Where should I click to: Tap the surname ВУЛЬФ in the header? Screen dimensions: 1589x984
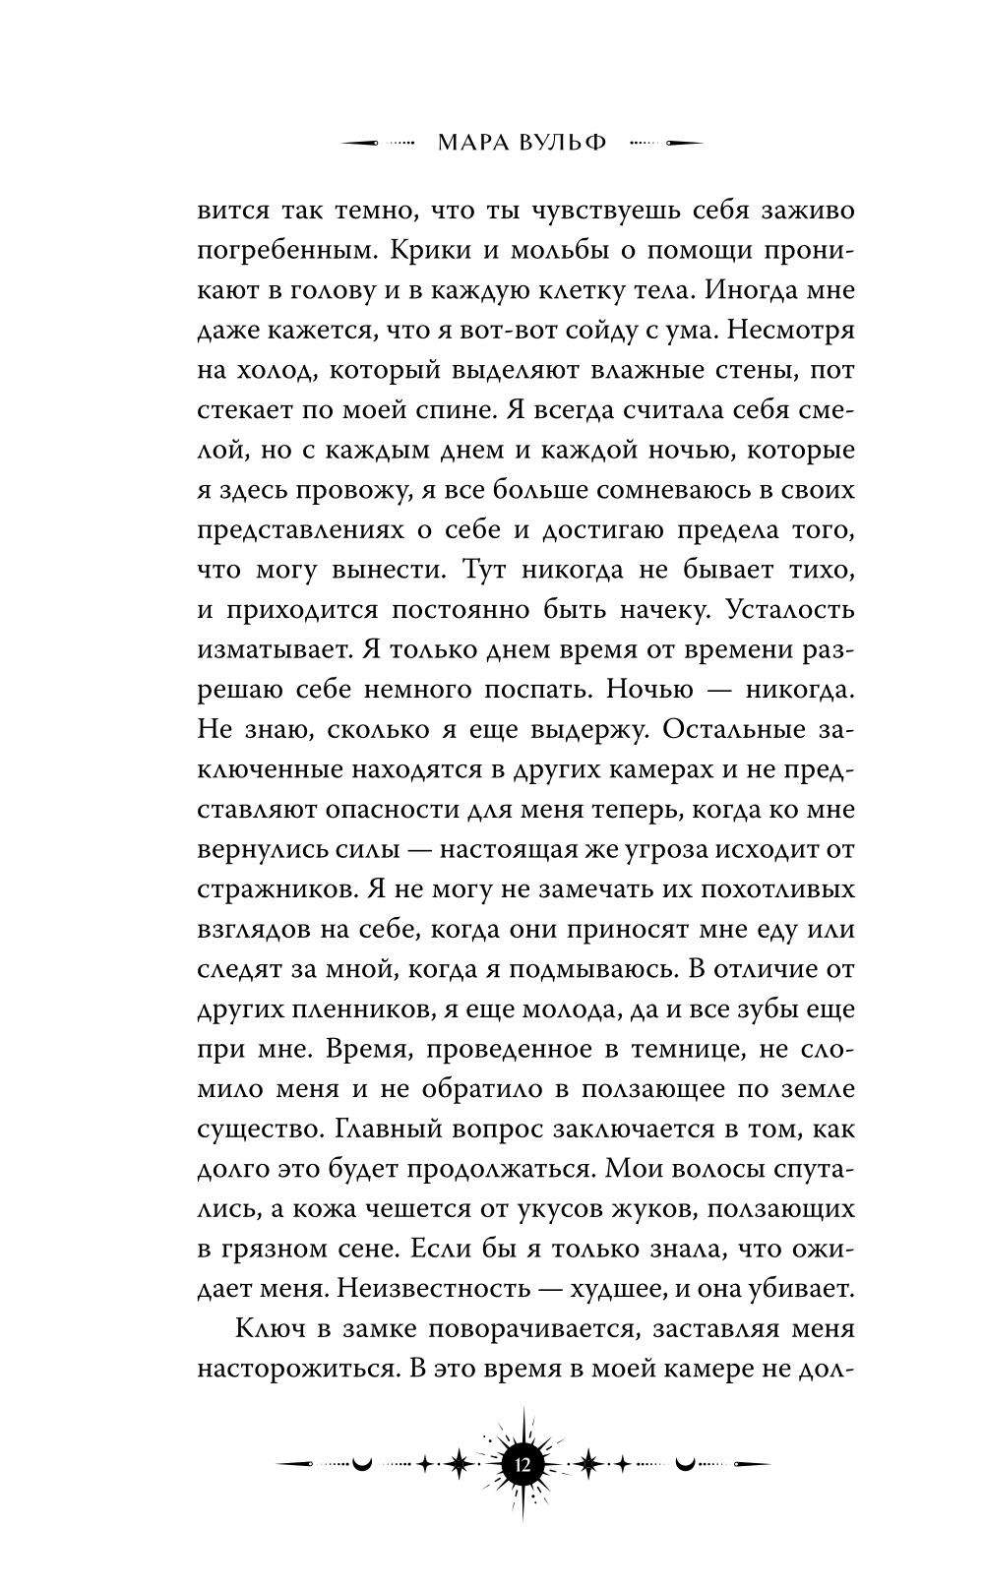558,144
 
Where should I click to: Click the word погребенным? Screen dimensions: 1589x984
278,251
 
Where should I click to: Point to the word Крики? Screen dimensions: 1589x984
431,251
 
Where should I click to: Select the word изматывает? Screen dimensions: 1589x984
262,649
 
